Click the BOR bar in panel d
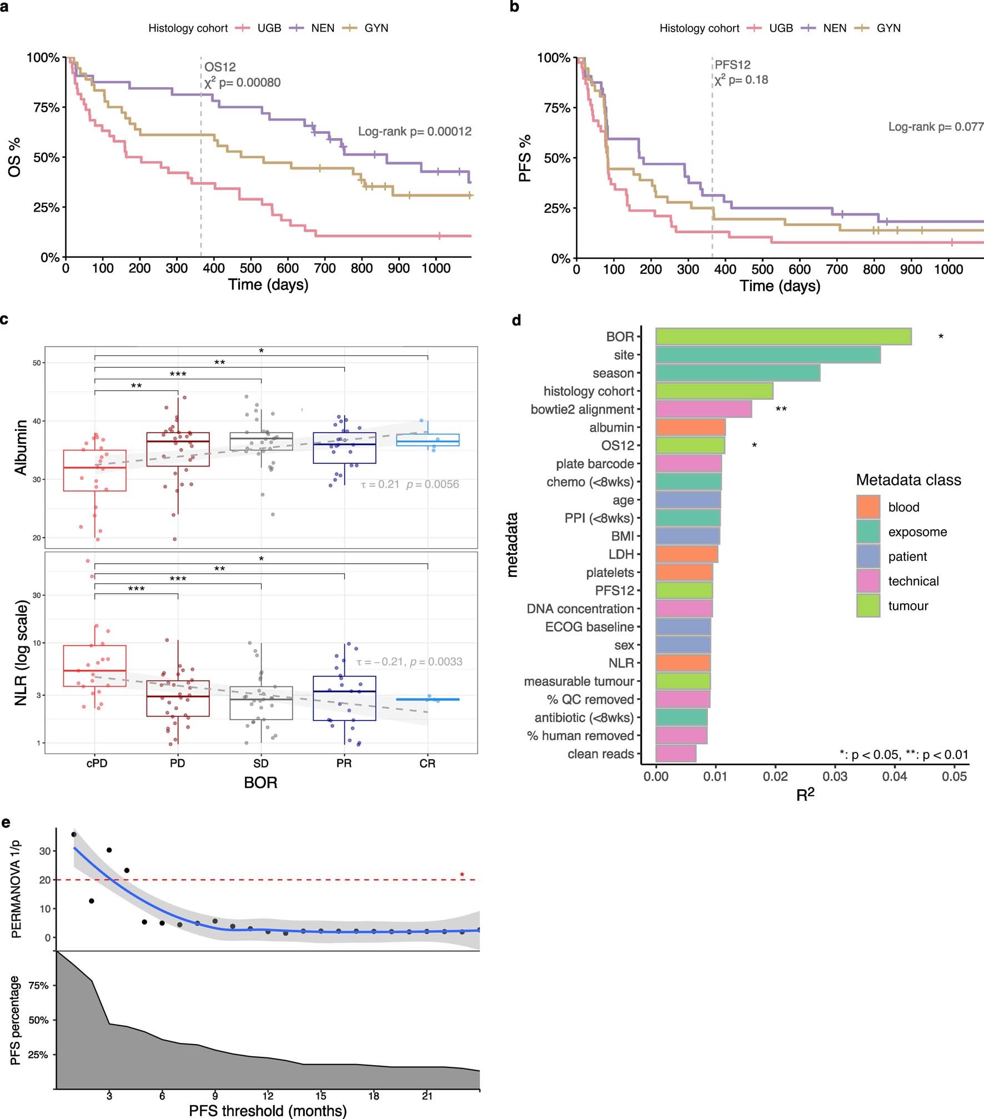pos(783,337)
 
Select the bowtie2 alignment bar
pos(704,409)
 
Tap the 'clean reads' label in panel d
pos(600,754)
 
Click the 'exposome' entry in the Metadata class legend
pos(917,532)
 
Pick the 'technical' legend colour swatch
pos(868,581)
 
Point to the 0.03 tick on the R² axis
pos(835,776)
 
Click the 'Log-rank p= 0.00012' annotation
pos(414,132)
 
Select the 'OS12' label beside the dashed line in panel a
pos(220,67)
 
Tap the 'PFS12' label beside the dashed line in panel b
pos(732,65)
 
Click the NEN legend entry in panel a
pos(322,28)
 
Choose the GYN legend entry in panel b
pos(888,28)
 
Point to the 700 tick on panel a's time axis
pos(325,268)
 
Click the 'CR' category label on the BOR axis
pos(427,764)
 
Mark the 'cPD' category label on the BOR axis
pos(97,764)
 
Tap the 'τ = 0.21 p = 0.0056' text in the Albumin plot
pos(410,484)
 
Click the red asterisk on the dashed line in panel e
pos(462,876)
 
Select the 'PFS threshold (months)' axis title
pos(268,1111)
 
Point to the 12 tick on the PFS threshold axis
pos(268,1096)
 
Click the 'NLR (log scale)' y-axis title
pos(21,653)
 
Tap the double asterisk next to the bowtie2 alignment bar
pos(781,409)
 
